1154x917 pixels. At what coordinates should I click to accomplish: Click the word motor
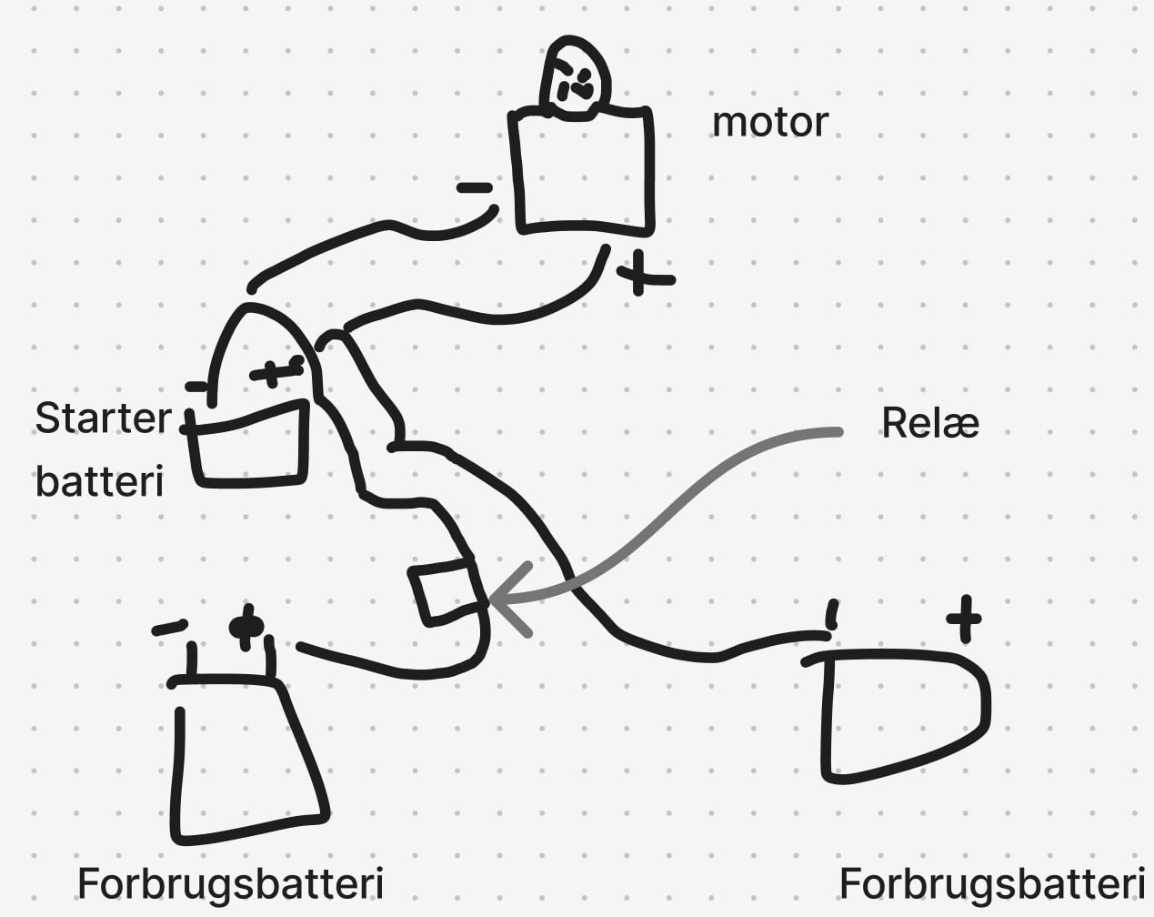[x=769, y=122]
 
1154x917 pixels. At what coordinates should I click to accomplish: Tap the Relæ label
[x=929, y=423]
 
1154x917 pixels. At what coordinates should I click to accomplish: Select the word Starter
[x=103, y=418]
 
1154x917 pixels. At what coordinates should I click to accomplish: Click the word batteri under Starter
[x=99, y=480]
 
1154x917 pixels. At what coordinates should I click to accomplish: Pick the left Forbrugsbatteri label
[x=230, y=883]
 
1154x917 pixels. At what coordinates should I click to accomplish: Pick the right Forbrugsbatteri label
[x=991, y=883]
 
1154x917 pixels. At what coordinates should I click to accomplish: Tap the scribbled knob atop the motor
[x=576, y=80]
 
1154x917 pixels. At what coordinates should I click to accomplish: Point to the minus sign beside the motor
[x=474, y=189]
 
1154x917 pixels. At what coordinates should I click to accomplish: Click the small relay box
[x=446, y=591]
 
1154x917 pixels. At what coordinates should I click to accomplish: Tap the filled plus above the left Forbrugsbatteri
[x=246, y=627]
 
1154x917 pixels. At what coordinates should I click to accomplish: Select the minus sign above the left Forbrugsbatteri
[x=169, y=628]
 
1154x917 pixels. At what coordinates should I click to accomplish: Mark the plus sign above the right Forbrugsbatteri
[x=964, y=620]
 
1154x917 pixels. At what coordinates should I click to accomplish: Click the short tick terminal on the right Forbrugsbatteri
[x=831, y=615]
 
